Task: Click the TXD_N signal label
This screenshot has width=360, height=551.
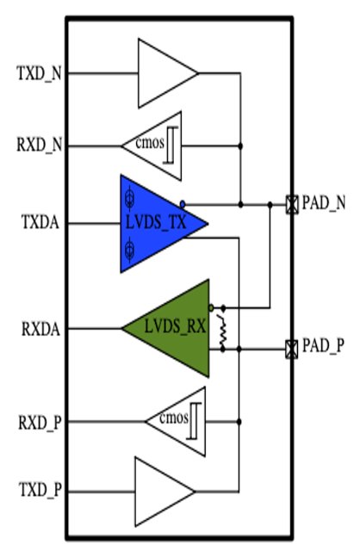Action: click(x=39, y=74)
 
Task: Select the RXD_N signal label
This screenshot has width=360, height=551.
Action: click(x=40, y=145)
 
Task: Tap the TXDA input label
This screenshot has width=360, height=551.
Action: click(x=40, y=222)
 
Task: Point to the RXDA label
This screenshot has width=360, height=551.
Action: click(x=40, y=329)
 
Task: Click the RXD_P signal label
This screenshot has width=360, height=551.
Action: click(x=40, y=422)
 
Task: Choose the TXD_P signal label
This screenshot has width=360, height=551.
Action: click(x=40, y=490)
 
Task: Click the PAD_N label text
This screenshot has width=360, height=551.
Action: click(x=324, y=203)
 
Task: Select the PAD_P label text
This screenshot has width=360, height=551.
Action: click(x=324, y=346)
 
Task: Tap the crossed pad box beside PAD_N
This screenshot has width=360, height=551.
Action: click(x=292, y=204)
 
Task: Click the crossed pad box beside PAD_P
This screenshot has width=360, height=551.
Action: click(x=291, y=350)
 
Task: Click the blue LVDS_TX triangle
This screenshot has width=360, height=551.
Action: click(x=155, y=224)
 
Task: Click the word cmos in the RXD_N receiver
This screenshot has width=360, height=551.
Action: click(x=150, y=144)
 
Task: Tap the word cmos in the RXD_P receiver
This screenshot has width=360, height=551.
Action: click(x=174, y=418)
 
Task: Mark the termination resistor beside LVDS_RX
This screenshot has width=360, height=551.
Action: click(x=222, y=329)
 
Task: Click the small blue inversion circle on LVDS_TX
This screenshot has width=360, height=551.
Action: click(x=182, y=204)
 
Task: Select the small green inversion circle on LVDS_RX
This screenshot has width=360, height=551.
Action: click(x=211, y=308)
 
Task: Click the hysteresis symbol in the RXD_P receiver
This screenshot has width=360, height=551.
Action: click(x=194, y=421)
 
